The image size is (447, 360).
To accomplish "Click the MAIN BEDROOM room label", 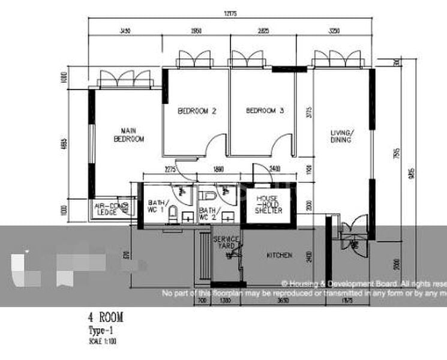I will tap(129, 134).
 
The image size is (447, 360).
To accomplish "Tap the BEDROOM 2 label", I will tap(196, 111).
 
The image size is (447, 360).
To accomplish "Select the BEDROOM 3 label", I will tap(265, 111).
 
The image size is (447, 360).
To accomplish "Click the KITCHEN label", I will tap(279, 256).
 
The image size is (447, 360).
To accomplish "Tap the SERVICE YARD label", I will tap(226, 242).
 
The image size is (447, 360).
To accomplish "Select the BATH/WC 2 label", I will tap(208, 214).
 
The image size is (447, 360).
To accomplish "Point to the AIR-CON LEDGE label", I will tap(107, 208).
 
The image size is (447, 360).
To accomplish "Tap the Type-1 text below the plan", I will tap(100, 331).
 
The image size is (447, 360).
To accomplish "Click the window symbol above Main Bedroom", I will tap(125, 79).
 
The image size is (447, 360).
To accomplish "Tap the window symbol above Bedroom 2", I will tap(194, 59).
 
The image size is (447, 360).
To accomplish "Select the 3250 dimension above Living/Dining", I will tap(335, 31).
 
